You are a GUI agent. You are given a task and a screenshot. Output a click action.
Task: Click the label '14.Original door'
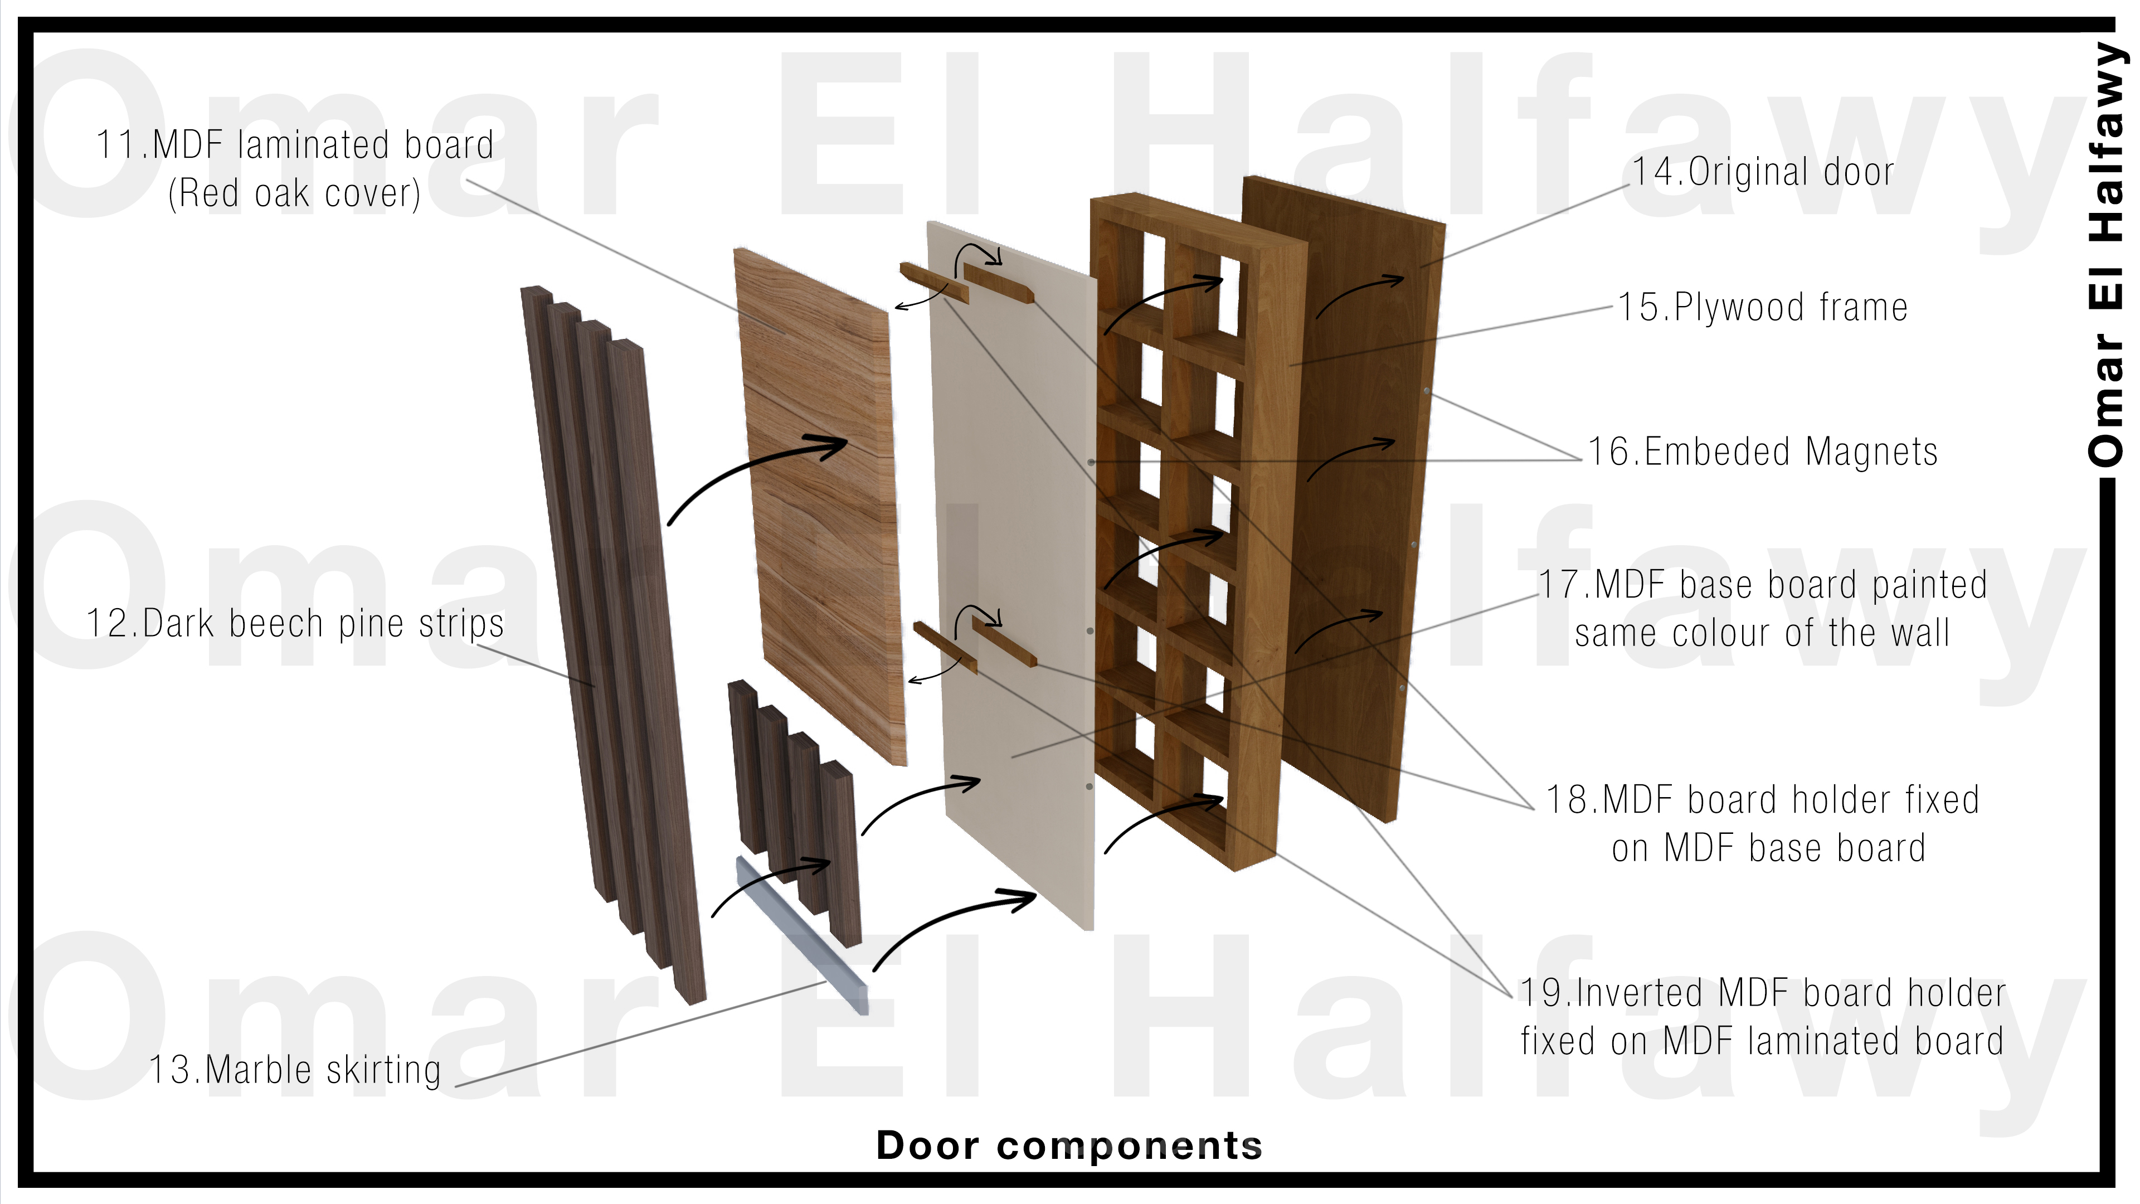[x=1763, y=172]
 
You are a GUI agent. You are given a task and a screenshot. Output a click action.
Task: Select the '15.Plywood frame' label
[x=1762, y=308]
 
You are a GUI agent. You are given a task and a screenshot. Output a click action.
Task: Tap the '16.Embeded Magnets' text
[x=1762, y=452]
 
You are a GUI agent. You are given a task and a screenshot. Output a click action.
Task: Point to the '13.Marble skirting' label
[x=295, y=1070]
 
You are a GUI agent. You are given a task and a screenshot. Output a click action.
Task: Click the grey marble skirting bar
[x=802, y=935]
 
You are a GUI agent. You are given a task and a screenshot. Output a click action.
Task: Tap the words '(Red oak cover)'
[x=295, y=193]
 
